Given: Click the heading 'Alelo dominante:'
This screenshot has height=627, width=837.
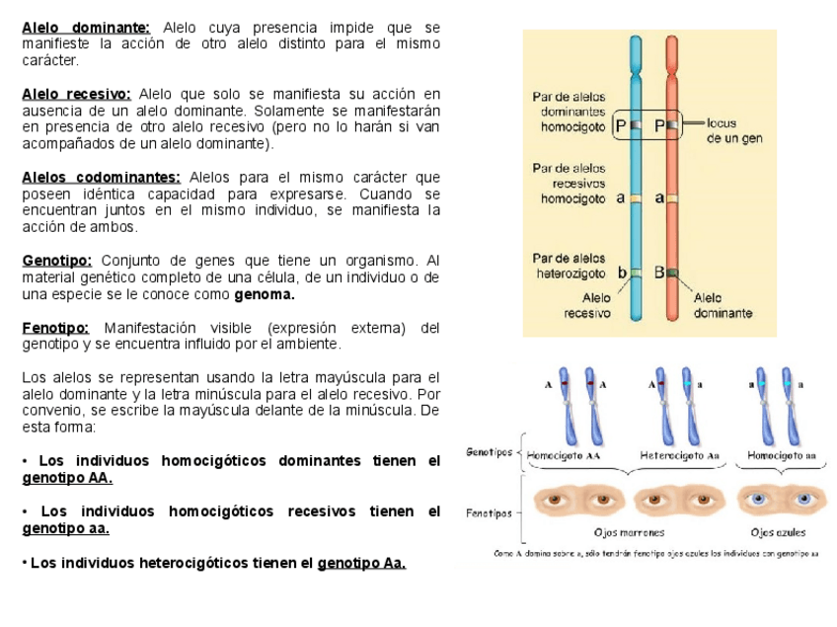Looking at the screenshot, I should pos(86,27).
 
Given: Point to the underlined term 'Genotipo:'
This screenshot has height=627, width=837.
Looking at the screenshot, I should pos(56,261).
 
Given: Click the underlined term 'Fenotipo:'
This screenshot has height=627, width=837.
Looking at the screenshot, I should pos(55,328).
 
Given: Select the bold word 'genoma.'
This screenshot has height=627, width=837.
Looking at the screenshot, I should pos(264,294).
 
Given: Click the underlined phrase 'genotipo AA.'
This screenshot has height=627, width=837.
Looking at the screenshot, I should pos(67,478).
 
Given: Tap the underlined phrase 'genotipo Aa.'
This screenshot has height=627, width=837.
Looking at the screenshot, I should pos(361,563).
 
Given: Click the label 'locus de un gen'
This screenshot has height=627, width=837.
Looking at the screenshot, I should pos(732,131).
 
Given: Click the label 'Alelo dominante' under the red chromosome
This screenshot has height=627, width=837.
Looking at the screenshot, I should pos(723,305).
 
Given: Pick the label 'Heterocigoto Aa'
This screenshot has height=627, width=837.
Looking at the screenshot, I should pos(679,456).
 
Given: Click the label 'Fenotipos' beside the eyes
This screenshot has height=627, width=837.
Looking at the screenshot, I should pos(489,513).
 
